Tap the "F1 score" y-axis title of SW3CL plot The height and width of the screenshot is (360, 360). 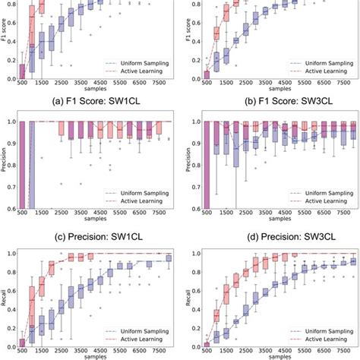pyautogui.click(x=185, y=40)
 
